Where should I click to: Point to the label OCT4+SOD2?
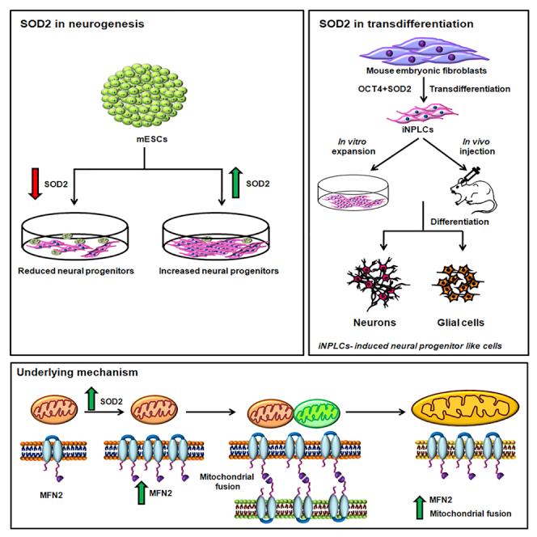(x=360, y=87)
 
